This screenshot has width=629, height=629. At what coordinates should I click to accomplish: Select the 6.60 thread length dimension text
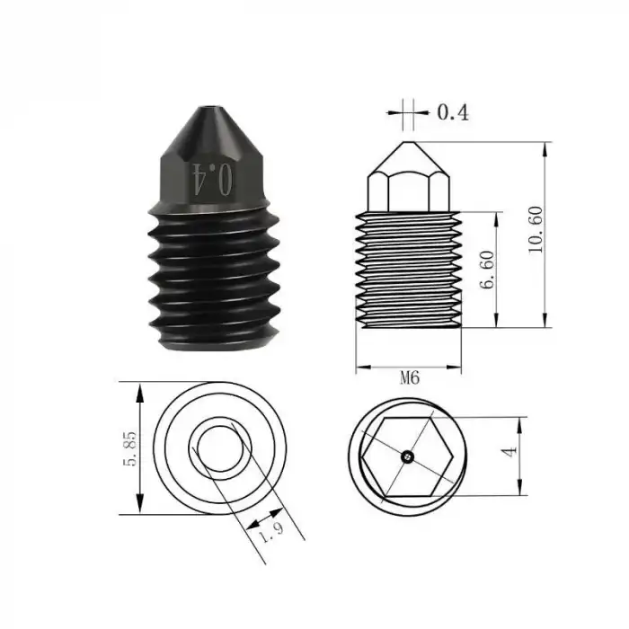(x=488, y=269)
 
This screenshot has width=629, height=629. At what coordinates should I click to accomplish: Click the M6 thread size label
(x=410, y=379)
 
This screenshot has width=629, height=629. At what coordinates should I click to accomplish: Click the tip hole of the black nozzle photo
(x=209, y=112)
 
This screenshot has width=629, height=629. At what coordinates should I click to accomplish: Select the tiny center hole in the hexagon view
(x=407, y=456)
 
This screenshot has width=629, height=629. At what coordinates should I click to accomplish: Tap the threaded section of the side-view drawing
(x=410, y=270)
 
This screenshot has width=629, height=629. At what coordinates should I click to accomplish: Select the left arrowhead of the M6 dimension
(x=361, y=368)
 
